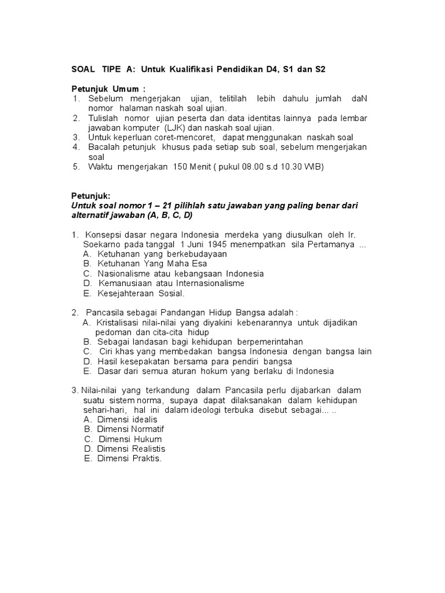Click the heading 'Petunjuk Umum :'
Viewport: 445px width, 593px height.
point(108,89)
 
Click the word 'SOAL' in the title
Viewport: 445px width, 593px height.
point(82,69)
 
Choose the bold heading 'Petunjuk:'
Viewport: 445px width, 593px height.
point(90,196)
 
